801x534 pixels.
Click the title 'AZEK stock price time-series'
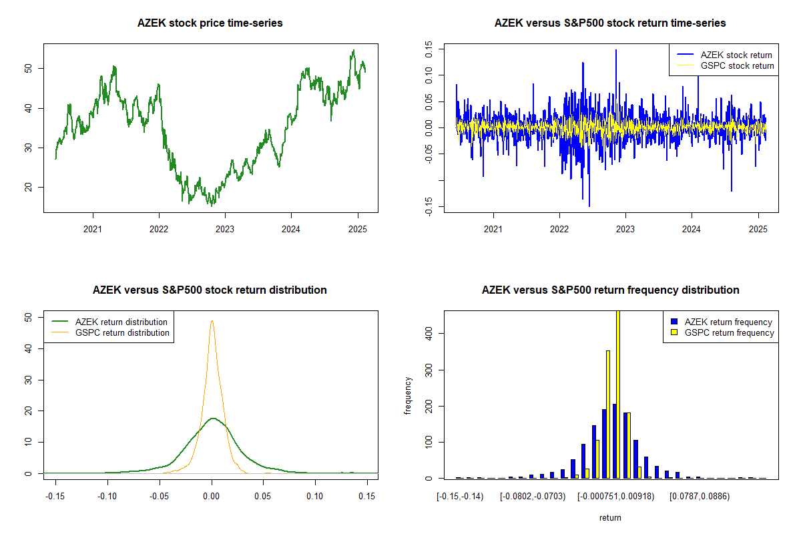210,23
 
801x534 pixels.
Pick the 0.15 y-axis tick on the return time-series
429,50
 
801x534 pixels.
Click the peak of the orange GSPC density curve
212,321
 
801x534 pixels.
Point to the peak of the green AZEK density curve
212,419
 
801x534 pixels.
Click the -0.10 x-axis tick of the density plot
107,496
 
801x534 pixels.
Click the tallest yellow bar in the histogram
618,394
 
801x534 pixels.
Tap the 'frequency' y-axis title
409,395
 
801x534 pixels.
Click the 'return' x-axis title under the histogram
610,517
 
